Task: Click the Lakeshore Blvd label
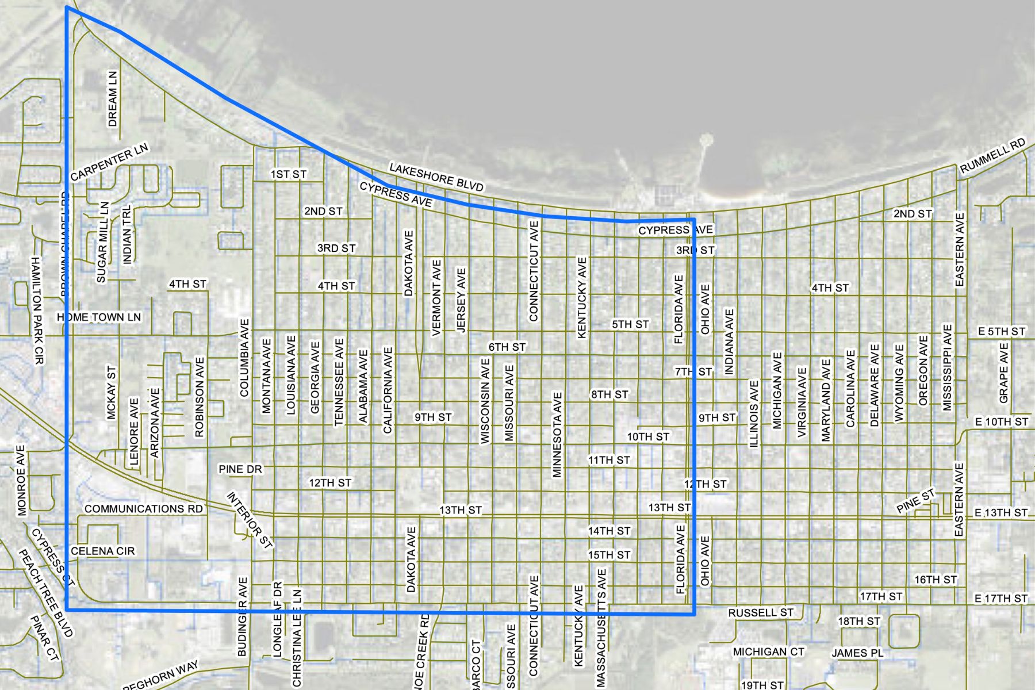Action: [x=436, y=177]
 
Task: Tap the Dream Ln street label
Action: [x=113, y=99]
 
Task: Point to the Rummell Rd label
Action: [x=993, y=155]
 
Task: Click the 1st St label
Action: [x=289, y=174]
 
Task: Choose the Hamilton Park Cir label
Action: [x=37, y=310]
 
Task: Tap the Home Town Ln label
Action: [x=99, y=317]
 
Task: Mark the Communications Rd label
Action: [x=144, y=509]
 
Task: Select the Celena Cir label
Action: [x=103, y=551]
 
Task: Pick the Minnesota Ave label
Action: [x=557, y=435]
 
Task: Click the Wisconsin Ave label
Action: [x=485, y=401]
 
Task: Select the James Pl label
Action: [x=857, y=653]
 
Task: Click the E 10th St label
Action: [x=1002, y=421]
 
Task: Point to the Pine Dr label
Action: [x=240, y=469]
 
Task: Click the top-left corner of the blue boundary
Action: [x=67, y=7]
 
